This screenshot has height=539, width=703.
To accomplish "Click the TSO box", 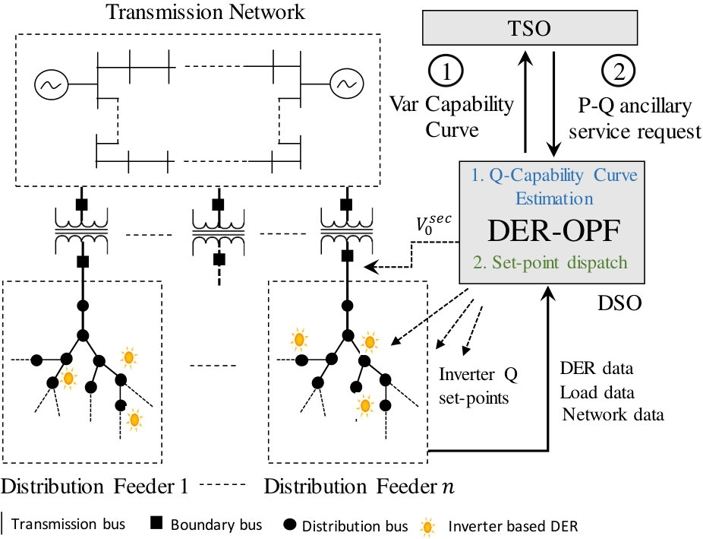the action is click(x=529, y=28).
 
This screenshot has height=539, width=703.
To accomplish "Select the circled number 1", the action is click(x=446, y=71).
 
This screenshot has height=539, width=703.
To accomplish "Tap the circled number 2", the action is click(x=619, y=71).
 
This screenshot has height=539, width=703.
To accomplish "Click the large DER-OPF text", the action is click(x=553, y=230).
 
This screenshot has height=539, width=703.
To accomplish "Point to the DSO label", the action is click(x=619, y=303).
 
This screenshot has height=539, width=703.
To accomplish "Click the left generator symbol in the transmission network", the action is click(x=52, y=84).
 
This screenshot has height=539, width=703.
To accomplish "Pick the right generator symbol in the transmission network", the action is click(x=347, y=83).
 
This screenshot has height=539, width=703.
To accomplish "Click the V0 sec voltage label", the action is click(x=433, y=223).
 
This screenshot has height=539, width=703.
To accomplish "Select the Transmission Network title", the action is click(x=206, y=11).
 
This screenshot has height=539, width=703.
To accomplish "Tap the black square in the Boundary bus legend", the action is click(x=156, y=523).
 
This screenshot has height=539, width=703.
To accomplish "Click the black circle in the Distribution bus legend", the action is click(x=290, y=524).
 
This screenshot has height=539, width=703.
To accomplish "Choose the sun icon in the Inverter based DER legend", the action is click(x=428, y=527).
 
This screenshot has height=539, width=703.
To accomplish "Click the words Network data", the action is click(x=613, y=414).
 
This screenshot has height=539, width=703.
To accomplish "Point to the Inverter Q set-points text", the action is click(x=478, y=386).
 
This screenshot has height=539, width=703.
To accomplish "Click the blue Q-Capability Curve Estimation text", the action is click(x=554, y=186).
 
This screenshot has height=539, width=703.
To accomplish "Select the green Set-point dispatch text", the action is click(x=550, y=262).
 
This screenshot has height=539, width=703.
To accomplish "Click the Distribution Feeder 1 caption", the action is click(x=94, y=487).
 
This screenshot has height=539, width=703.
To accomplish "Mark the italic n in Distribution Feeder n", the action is click(x=447, y=488).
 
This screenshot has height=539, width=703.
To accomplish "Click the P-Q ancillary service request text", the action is click(x=635, y=119).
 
